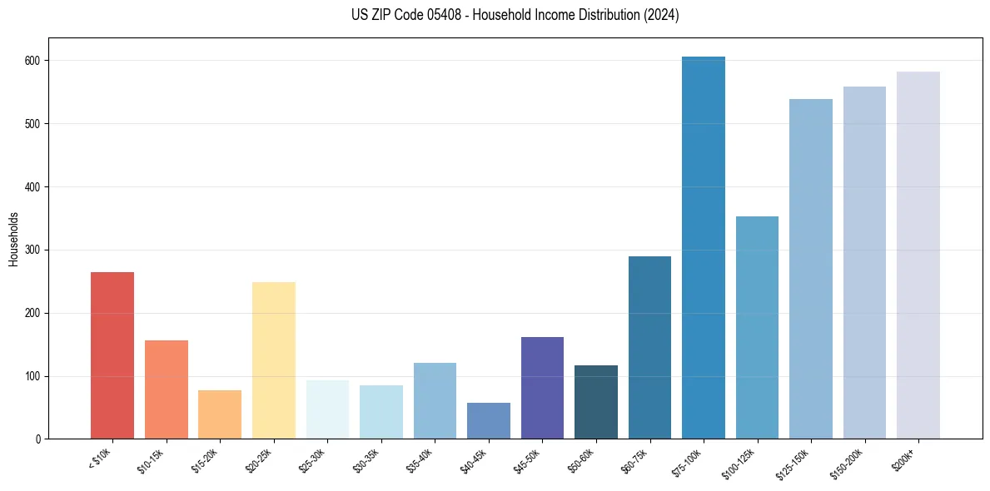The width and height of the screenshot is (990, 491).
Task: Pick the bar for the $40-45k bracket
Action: tap(488, 421)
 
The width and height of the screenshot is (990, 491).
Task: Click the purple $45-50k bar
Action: tap(542, 388)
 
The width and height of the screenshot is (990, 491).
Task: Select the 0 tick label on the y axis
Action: tap(40, 439)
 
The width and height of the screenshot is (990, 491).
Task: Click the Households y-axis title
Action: tap(13, 239)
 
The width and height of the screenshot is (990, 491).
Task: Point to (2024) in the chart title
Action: tap(660, 15)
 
